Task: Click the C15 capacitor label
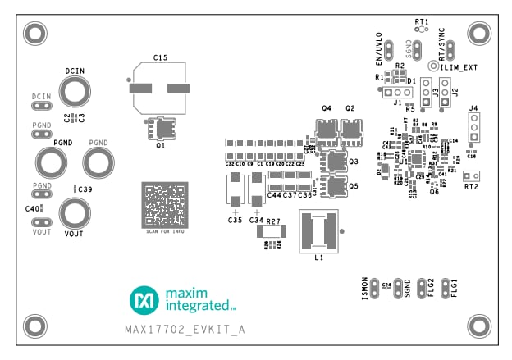click(x=160, y=58)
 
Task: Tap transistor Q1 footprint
click(x=162, y=128)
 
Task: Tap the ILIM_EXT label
click(x=459, y=66)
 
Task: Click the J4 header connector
click(x=473, y=127)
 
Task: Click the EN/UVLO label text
click(x=378, y=49)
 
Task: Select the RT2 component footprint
click(x=470, y=175)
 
